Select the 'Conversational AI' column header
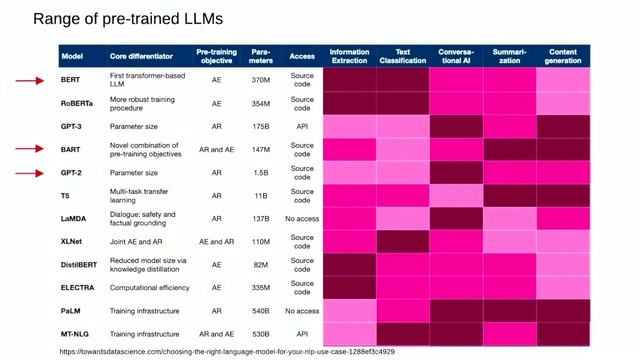[457, 55]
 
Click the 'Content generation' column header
[562, 55]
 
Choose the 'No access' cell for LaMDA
[302, 218]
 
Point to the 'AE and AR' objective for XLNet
[217, 242]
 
